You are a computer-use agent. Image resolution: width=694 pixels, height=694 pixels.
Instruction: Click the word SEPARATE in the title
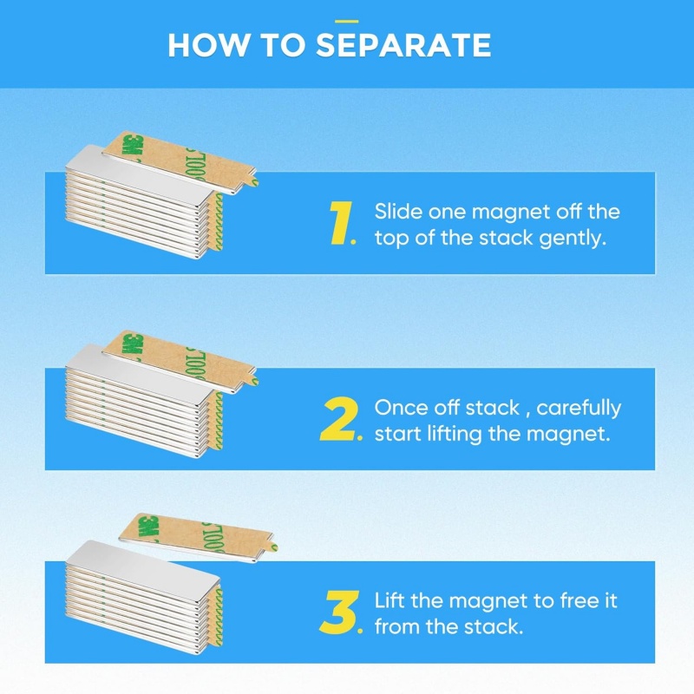click(403, 45)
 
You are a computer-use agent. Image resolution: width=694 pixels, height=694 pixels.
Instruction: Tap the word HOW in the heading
click(208, 45)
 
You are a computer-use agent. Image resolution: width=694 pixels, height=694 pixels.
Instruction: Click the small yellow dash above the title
click(346, 21)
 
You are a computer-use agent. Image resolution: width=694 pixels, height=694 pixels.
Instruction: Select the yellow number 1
click(341, 223)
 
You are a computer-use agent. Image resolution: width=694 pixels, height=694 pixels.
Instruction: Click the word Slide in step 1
click(398, 212)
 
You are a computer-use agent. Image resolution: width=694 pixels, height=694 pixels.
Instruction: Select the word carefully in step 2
click(579, 409)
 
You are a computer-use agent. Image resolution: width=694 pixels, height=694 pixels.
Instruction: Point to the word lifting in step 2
click(454, 434)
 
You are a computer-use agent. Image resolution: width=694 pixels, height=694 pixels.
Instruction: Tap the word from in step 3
click(396, 626)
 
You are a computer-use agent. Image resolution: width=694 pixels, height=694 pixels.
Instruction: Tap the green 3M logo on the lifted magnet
click(148, 527)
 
